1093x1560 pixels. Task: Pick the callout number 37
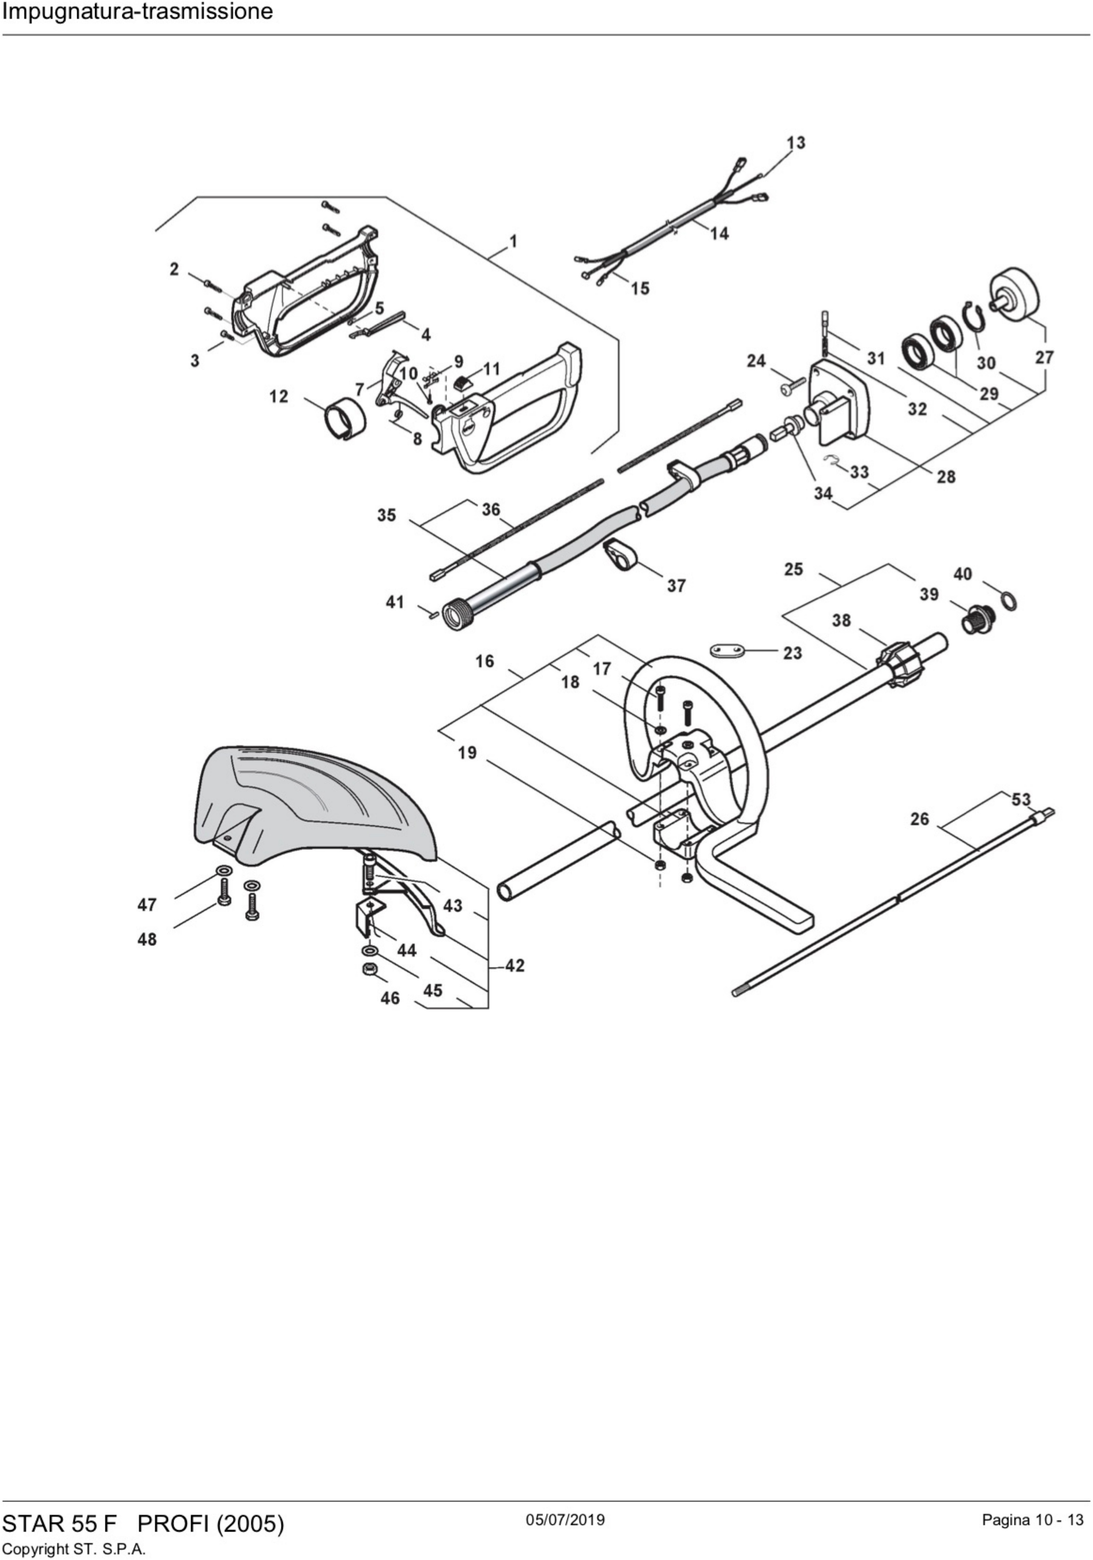tap(676, 585)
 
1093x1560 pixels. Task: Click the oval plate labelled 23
tap(727, 651)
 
